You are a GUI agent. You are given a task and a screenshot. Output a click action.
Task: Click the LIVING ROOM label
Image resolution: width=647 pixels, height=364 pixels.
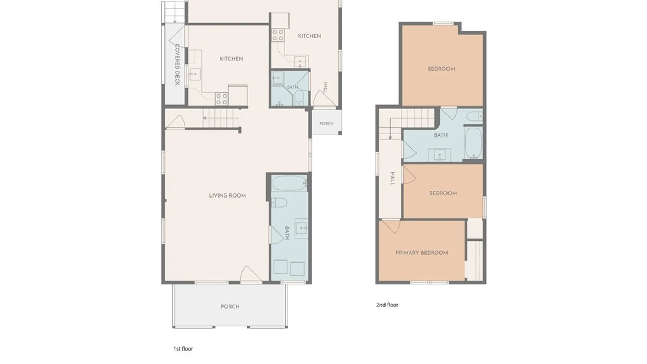coord(227,195)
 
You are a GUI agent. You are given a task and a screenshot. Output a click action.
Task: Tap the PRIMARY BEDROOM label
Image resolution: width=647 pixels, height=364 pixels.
coord(422,253)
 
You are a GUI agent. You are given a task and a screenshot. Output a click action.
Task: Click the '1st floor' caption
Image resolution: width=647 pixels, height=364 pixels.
coord(183,349)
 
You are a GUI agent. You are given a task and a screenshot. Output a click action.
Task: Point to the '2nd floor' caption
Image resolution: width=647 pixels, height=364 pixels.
coord(387,305)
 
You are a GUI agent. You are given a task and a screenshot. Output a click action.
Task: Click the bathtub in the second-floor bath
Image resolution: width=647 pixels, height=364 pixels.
coord(473,143)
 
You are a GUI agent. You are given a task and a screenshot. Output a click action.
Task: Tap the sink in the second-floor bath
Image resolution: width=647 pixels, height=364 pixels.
coord(440,155)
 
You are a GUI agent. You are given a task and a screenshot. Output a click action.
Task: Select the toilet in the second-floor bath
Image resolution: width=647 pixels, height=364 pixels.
coord(474,116)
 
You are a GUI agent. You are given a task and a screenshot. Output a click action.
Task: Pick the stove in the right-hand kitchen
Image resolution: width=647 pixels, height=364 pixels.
coord(278,35)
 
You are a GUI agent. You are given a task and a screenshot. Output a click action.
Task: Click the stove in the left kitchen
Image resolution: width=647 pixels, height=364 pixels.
coord(222,99)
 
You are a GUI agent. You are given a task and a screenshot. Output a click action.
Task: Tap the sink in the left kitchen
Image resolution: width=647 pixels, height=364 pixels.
coord(194,74)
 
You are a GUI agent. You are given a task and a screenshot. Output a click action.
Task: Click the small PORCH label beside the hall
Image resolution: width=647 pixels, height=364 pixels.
coord(326,124)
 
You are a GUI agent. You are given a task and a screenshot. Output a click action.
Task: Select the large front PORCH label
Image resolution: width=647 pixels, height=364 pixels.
coord(230,307)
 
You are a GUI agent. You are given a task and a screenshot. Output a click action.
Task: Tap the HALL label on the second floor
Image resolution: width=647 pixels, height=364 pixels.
coord(392,179)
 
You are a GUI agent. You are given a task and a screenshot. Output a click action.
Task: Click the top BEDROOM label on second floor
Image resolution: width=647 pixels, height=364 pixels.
coord(441,69)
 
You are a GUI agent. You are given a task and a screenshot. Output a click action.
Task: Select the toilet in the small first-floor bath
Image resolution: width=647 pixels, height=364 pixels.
coord(299,97)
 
